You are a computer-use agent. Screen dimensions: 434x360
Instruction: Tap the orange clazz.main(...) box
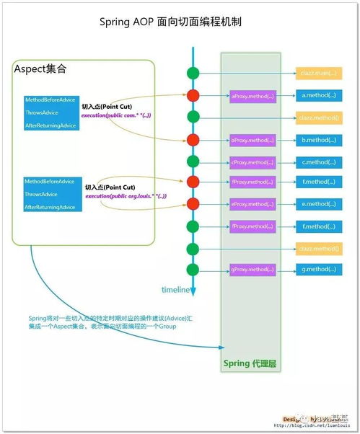318,74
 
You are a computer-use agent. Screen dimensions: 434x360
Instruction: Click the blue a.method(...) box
318,95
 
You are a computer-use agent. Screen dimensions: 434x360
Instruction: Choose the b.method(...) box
318,140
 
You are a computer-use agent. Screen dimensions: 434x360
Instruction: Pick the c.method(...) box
318,161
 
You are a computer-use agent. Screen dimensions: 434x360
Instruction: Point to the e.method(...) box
318,204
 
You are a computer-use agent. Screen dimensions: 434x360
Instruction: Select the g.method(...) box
318,270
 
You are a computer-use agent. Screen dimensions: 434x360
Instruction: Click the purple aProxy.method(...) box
253,95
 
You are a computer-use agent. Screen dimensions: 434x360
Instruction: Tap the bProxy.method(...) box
253,140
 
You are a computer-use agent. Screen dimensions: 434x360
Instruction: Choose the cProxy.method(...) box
253,161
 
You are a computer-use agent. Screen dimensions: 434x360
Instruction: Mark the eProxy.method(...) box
253,204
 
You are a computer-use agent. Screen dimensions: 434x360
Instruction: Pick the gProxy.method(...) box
253,270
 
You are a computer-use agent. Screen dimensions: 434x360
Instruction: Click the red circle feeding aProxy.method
193,95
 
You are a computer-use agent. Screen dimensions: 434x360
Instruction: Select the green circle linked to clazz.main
193,73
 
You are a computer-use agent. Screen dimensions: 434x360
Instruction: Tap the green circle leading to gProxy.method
193,270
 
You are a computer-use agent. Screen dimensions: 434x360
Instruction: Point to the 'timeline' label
175,290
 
